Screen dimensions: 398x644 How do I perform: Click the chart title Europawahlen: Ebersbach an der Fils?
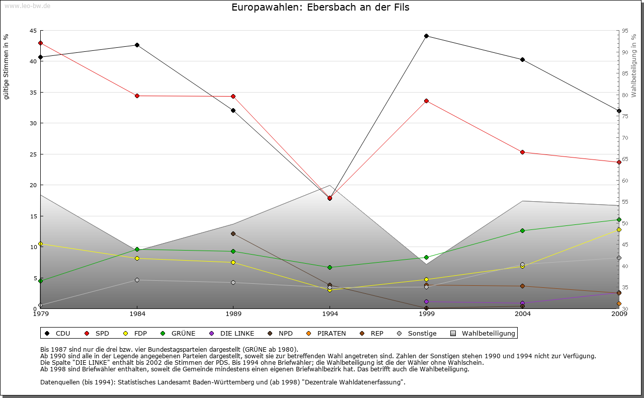coord(320,8)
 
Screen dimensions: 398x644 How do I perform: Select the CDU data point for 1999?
coord(426,36)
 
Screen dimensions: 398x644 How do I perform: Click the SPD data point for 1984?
coord(137,96)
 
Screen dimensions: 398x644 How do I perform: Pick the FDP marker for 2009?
coord(619,229)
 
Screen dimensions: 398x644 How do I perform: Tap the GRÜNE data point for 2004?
coord(522,230)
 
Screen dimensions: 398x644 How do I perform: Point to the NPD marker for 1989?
coord(233,233)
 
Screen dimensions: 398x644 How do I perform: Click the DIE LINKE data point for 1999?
coord(426,301)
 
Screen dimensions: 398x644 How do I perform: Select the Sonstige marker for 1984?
coord(137,280)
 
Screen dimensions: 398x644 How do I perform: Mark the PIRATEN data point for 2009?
coord(619,303)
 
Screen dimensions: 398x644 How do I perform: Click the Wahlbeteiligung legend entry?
coord(483,333)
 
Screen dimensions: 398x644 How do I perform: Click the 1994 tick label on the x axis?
coord(330,314)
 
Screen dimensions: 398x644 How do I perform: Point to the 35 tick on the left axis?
coord(34,92)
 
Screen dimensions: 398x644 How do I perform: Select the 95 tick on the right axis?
coord(625,31)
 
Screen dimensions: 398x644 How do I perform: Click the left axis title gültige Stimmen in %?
coord(7,66)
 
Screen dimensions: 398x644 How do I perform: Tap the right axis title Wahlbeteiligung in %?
coord(634,66)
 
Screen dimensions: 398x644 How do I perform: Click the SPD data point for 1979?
coord(40,43)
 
